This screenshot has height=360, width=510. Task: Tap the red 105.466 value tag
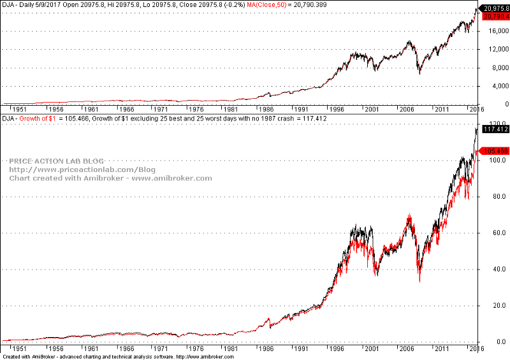(x=495, y=151)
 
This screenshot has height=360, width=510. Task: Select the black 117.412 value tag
(x=495, y=129)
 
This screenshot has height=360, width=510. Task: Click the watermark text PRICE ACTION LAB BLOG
(x=56, y=161)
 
